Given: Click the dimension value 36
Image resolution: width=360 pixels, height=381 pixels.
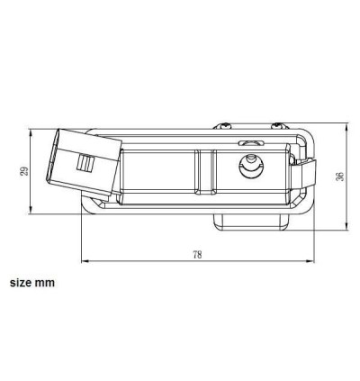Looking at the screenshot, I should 340,176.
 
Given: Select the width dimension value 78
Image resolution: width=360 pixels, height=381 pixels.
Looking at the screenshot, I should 197,255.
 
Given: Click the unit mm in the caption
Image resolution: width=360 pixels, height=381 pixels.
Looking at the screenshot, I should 45,282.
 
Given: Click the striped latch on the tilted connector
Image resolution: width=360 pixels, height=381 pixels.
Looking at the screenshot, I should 86,162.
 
